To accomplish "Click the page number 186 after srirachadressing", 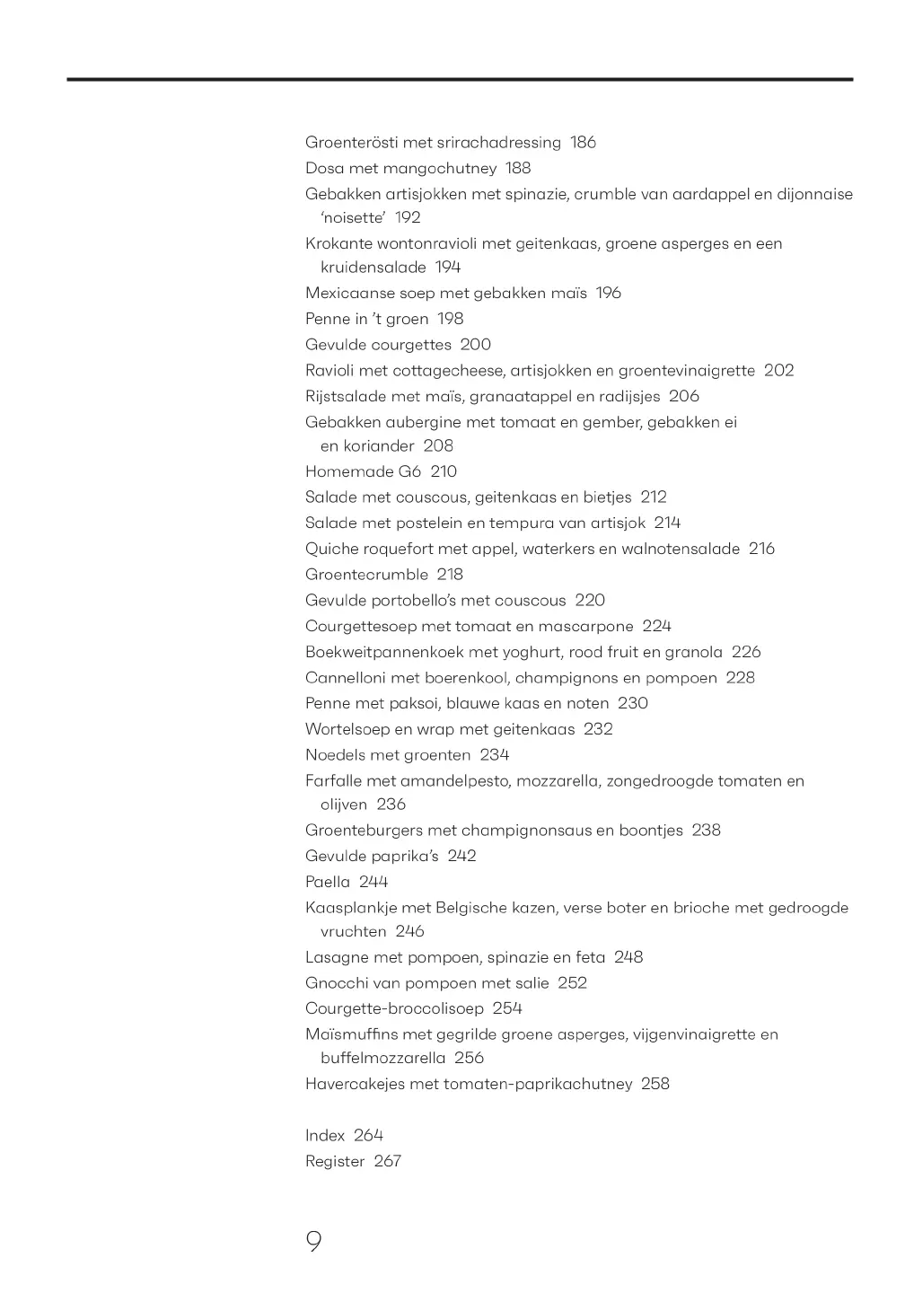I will (x=583, y=143).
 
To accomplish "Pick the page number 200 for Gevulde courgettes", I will (x=475, y=345).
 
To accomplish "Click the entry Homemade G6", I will (x=363, y=472).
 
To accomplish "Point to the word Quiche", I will (x=331, y=550).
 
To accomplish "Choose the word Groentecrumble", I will (x=366, y=575).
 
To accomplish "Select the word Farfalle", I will (x=331, y=781).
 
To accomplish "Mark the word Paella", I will (x=328, y=883).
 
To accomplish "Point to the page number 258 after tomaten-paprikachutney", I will (x=655, y=1085).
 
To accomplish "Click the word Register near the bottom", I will (x=335, y=1162).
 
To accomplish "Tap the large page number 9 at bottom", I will (x=313, y=1242).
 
